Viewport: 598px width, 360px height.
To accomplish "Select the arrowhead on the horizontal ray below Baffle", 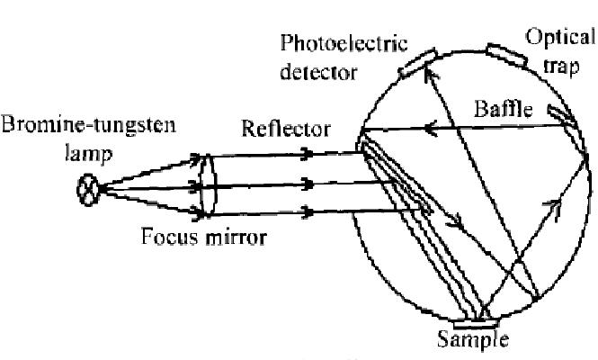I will point(434,130).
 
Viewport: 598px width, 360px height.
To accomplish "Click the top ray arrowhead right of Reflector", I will point(309,153).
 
